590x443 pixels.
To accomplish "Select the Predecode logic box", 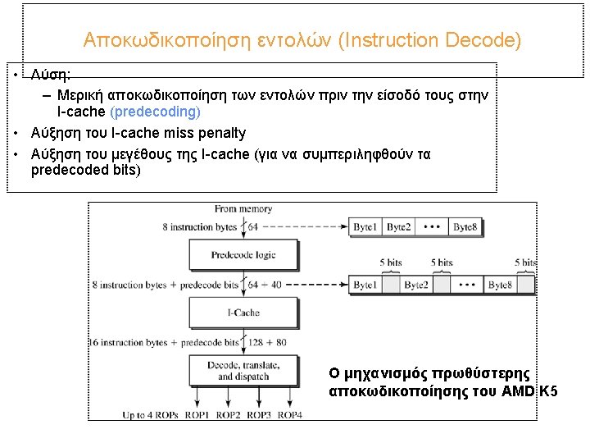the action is pos(243,255).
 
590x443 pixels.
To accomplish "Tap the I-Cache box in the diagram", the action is pos(243,313).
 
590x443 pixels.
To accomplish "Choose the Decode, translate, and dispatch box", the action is pos(243,371).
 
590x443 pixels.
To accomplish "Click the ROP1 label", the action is pos(197,414).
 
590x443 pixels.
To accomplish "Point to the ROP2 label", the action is pos(229,414).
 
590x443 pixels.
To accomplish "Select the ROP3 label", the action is pos(259,414).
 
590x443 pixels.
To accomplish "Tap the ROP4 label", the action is pos(289,414).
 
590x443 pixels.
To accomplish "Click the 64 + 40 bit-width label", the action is pos(265,285).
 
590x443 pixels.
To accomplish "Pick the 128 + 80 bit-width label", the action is pos(267,342).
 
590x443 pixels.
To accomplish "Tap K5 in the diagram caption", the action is pos(548,391).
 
